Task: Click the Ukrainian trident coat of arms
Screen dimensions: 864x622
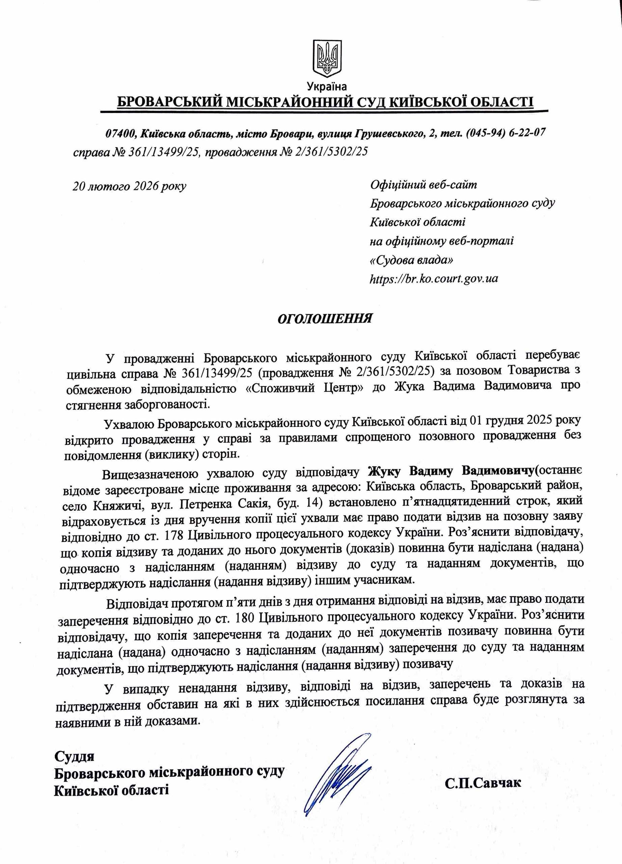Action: pyautogui.click(x=327, y=58)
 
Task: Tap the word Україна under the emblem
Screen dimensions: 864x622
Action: pyautogui.click(x=326, y=87)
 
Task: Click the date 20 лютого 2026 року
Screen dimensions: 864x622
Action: pyautogui.click(x=130, y=186)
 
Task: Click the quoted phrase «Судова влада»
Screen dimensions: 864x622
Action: pyautogui.click(x=412, y=260)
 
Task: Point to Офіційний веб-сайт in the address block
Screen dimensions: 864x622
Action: pyautogui.click(x=423, y=185)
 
